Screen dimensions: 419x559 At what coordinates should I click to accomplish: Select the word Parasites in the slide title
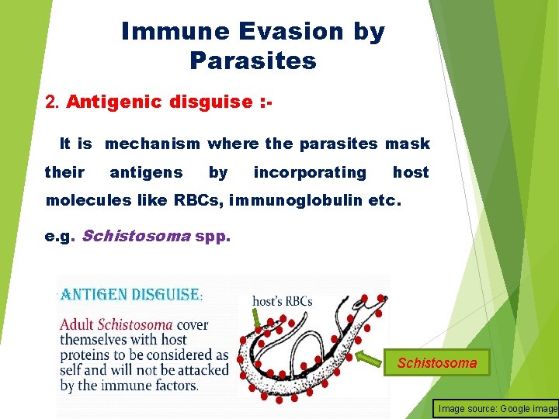[252, 61]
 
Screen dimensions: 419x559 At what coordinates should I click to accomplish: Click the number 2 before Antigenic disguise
[51, 102]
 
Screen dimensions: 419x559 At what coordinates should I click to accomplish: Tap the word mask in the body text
[408, 144]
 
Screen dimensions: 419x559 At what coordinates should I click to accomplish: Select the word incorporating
[310, 172]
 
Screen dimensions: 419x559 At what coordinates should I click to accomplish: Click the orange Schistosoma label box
[436, 362]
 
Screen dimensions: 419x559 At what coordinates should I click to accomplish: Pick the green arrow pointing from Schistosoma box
[364, 358]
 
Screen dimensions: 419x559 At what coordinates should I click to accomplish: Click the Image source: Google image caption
[497, 408]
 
